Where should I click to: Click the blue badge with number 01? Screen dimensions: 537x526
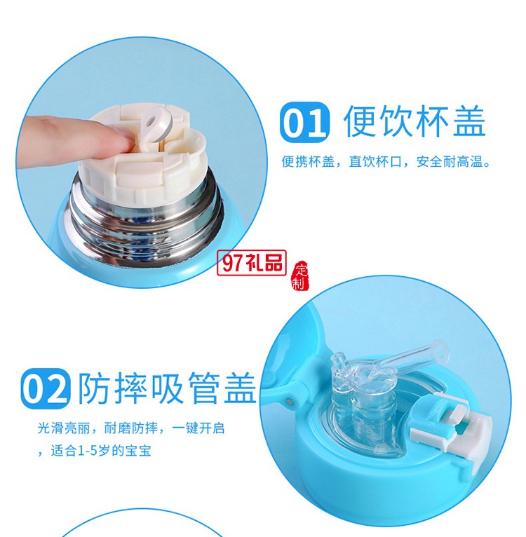pos(304,123)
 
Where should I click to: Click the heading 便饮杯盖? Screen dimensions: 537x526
pos(414,122)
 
